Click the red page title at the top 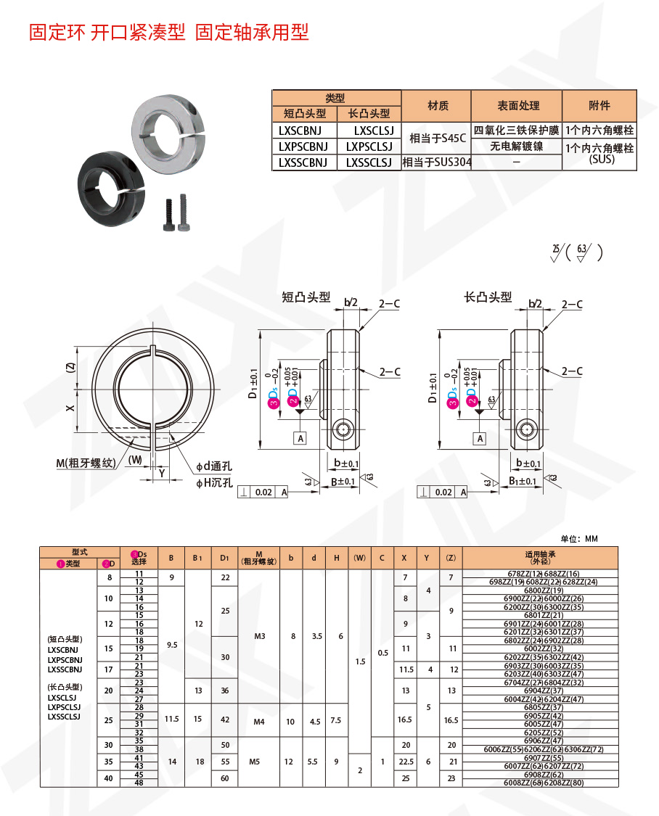168,33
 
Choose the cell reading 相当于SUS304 437,162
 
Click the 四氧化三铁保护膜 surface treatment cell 516,131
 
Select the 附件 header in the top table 599,106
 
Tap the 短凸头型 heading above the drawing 306,297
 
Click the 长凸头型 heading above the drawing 488,297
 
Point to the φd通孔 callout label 214,466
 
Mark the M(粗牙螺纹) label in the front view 85,463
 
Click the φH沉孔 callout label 214,482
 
